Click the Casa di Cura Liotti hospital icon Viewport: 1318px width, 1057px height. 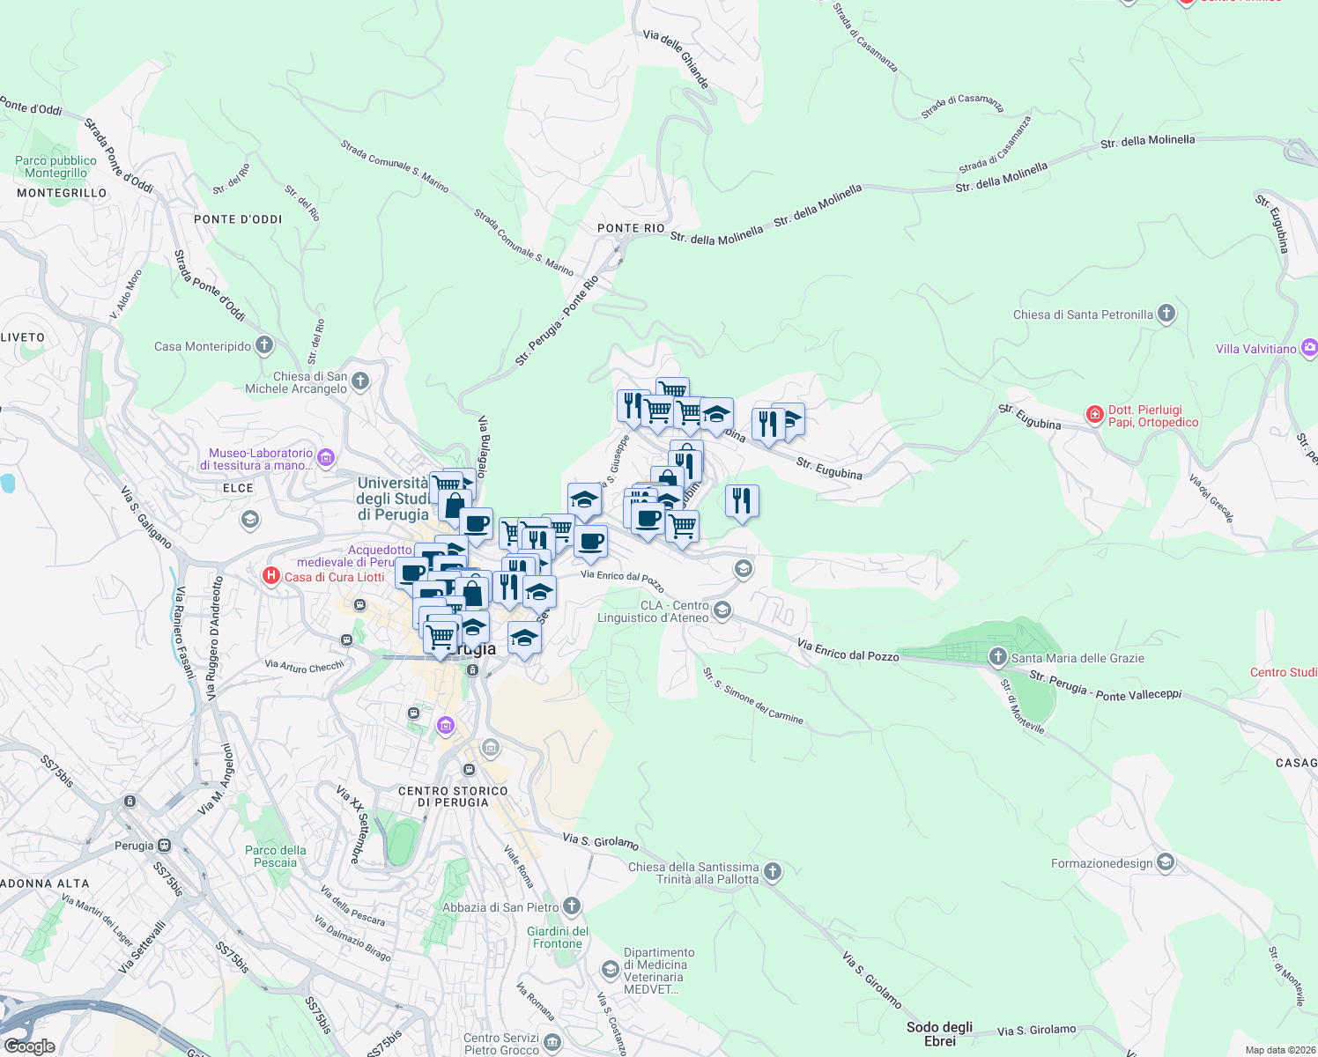[x=271, y=576]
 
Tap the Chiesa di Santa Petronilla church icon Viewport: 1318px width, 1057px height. [x=1166, y=314]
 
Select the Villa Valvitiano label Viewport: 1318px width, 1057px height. [x=1255, y=349]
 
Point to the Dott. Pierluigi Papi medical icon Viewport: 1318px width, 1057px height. [x=1094, y=414]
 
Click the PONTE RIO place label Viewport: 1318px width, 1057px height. [x=631, y=228]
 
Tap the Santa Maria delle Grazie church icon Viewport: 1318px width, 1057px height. [x=997, y=656]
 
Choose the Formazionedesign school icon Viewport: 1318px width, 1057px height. [x=1166, y=861]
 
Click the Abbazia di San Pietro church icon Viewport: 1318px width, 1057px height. [x=572, y=905]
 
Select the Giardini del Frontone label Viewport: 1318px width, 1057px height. [x=558, y=937]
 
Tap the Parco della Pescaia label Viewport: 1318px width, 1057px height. [x=276, y=856]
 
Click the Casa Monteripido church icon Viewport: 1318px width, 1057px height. [x=264, y=345]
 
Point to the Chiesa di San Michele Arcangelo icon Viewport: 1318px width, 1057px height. [x=359, y=381]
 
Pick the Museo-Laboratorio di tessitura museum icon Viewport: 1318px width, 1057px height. [x=326, y=457]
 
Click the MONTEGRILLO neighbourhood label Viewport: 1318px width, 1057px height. [x=62, y=193]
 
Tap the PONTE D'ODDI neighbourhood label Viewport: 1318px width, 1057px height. [x=238, y=219]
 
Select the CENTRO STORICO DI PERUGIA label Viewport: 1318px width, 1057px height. [x=453, y=796]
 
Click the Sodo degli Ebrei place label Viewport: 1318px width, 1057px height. [x=940, y=1034]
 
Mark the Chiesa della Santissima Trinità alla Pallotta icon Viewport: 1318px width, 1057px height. [x=772, y=871]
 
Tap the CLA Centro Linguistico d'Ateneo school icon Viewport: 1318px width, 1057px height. [x=722, y=610]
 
